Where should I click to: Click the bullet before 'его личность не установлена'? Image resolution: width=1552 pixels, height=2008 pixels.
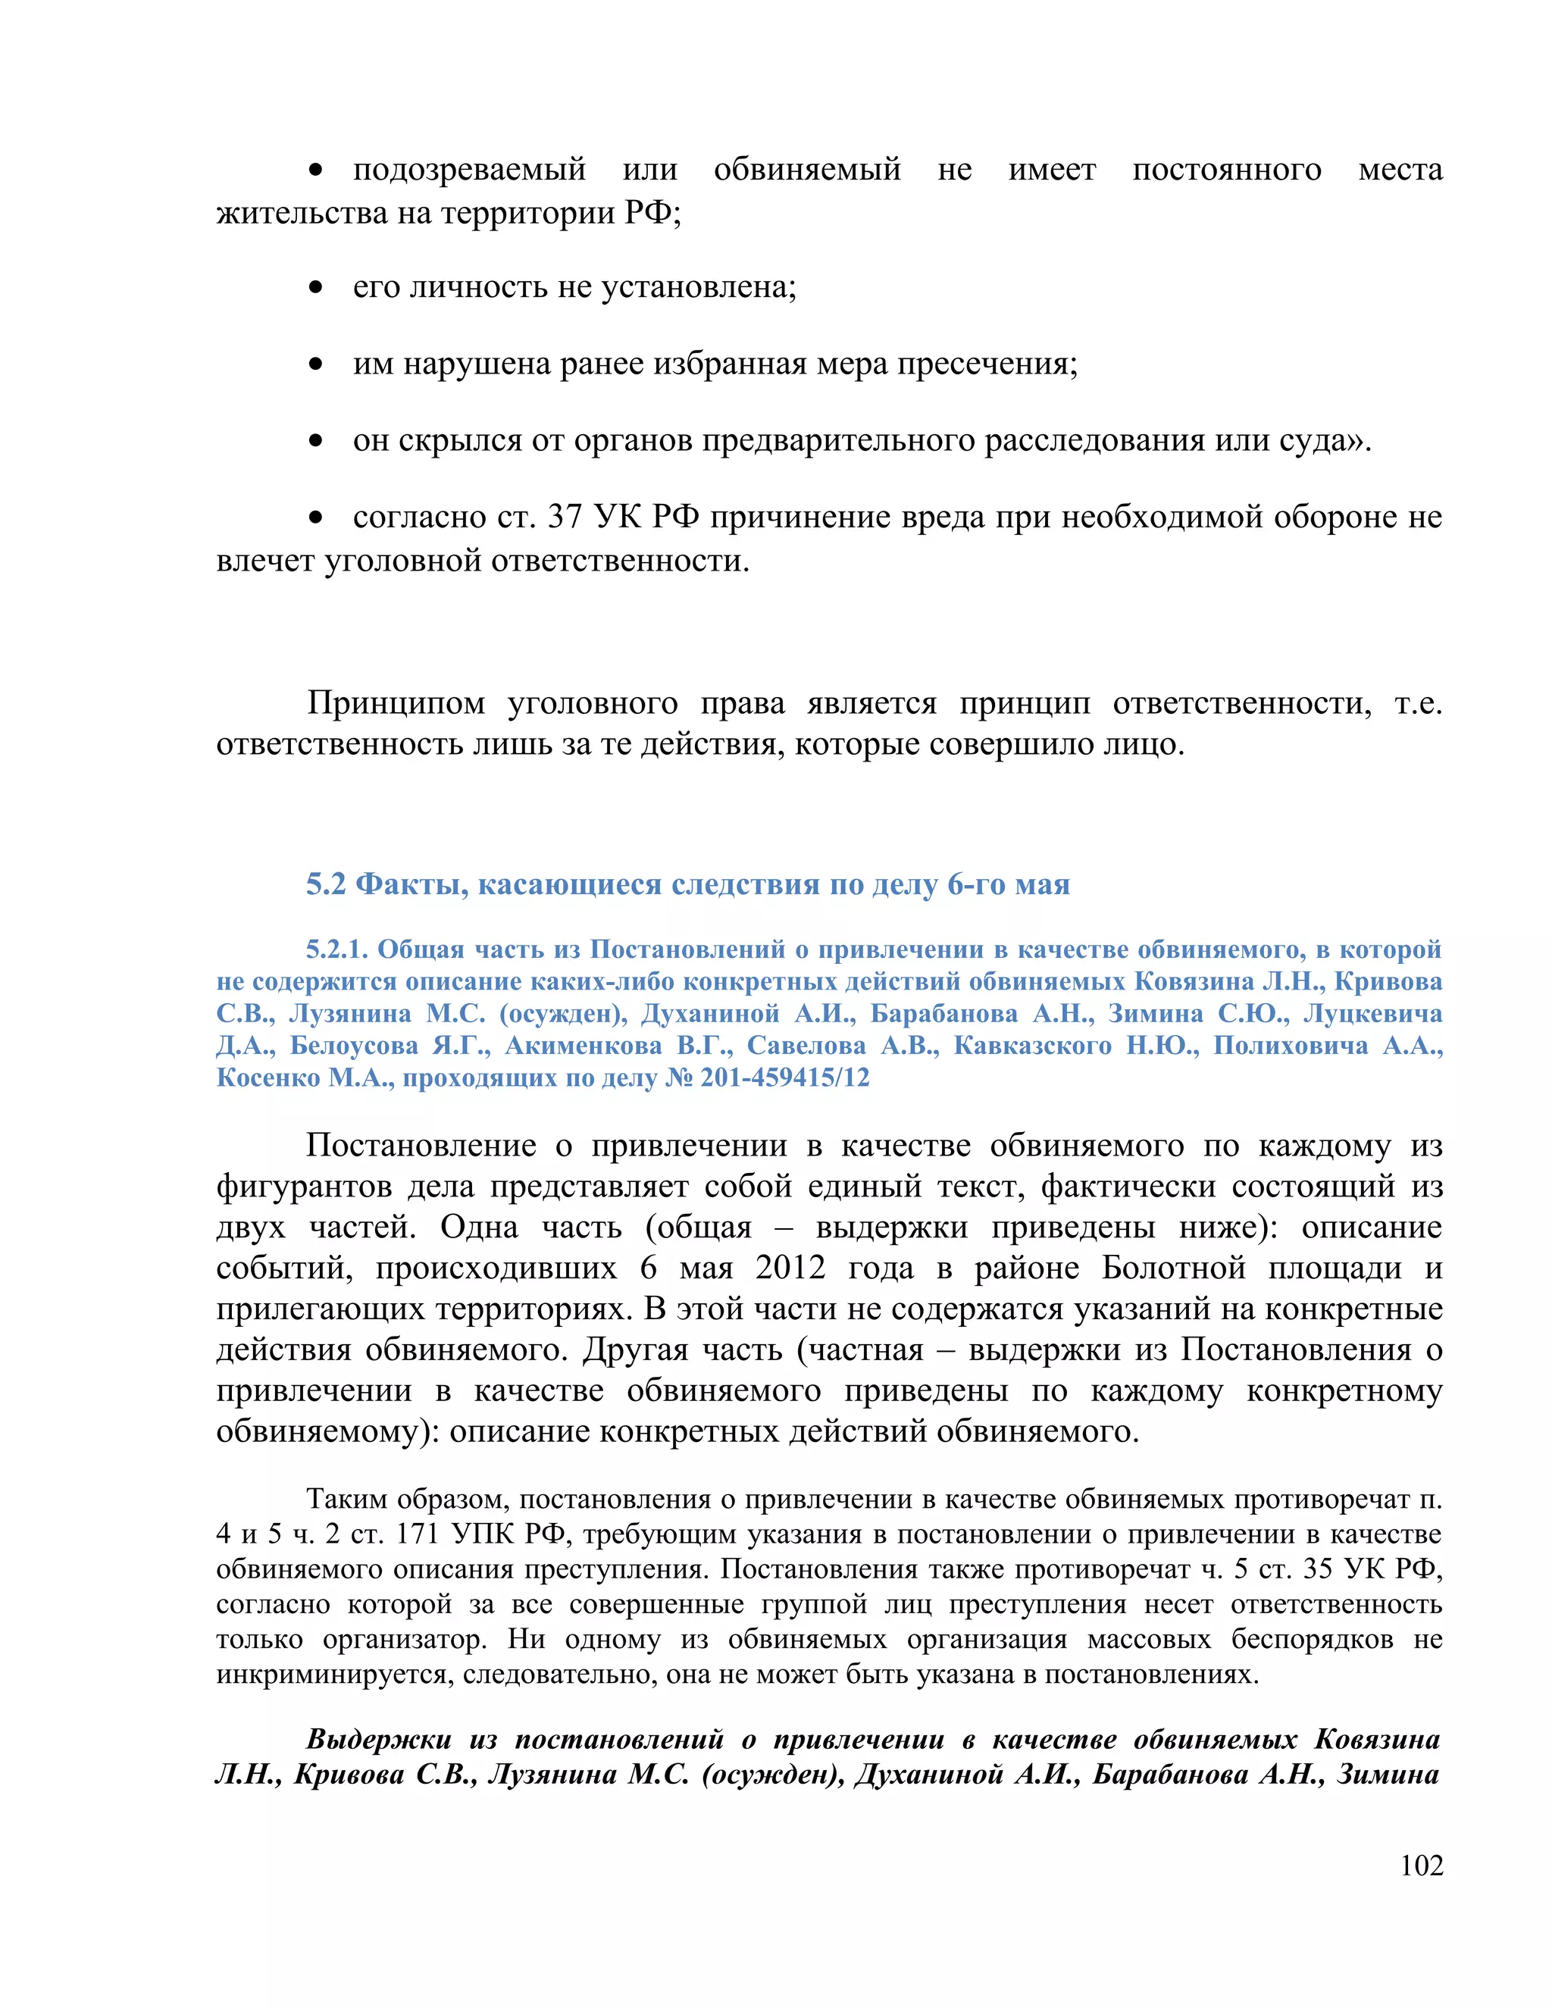pos(315,289)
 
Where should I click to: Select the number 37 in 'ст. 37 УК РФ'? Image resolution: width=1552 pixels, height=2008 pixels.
pos(565,518)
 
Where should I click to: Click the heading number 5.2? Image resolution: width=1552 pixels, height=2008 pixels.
pos(325,884)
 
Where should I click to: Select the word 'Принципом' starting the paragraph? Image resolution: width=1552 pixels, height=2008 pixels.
pos(396,703)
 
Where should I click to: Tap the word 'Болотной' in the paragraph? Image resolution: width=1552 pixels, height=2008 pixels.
pos(1173,1268)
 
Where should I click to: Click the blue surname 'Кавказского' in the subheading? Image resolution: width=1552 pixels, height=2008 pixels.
pos(1031,1046)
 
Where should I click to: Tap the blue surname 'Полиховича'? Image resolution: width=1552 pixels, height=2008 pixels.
pos(1290,1046)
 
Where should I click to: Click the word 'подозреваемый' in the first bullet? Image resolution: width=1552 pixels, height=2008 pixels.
pos(469,170)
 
